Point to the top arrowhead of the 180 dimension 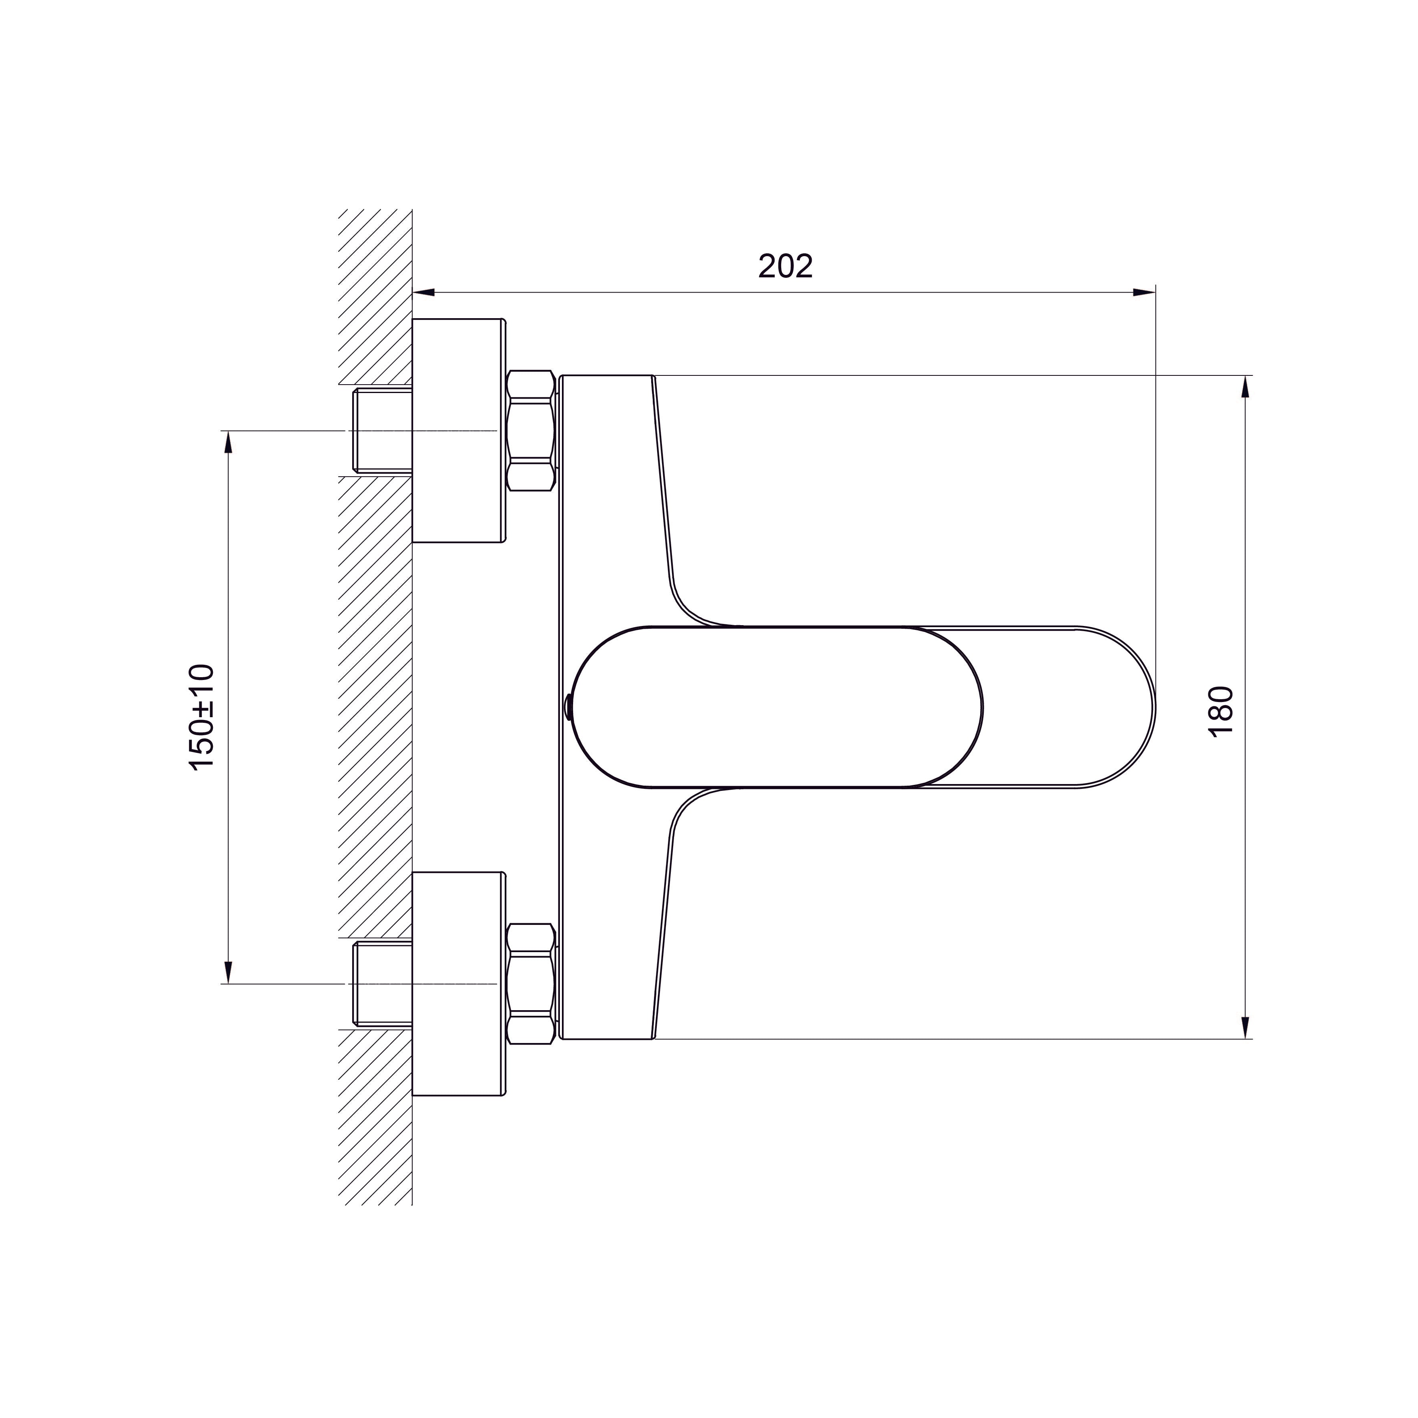[x=1246, y=387]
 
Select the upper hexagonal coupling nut [x=530, y=431]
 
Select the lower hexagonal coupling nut [x=530, y=983]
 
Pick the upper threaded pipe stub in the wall [x=382, y=431]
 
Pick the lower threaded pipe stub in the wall [x=382, y=983]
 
